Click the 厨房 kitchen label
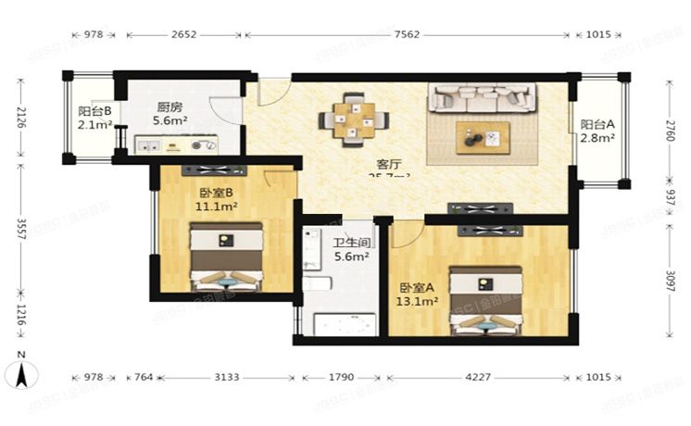click(x=168, y=106)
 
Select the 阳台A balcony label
click(x=597, y=126)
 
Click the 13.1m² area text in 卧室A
click(x=417, y=301)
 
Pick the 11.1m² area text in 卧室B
click(x=218, y=207)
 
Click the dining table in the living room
click(x=354, y=119)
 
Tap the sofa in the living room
click(x=481, y=96)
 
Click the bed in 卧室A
click(x=485, y=298)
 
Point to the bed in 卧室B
click(x=225, y=258)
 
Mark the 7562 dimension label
click(x=407, y=35)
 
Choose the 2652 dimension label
click(x=183, y=35)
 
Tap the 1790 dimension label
click(x=340, y=378)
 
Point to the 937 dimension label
click(x=670, y=198)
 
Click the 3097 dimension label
click(x=670, y=279)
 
